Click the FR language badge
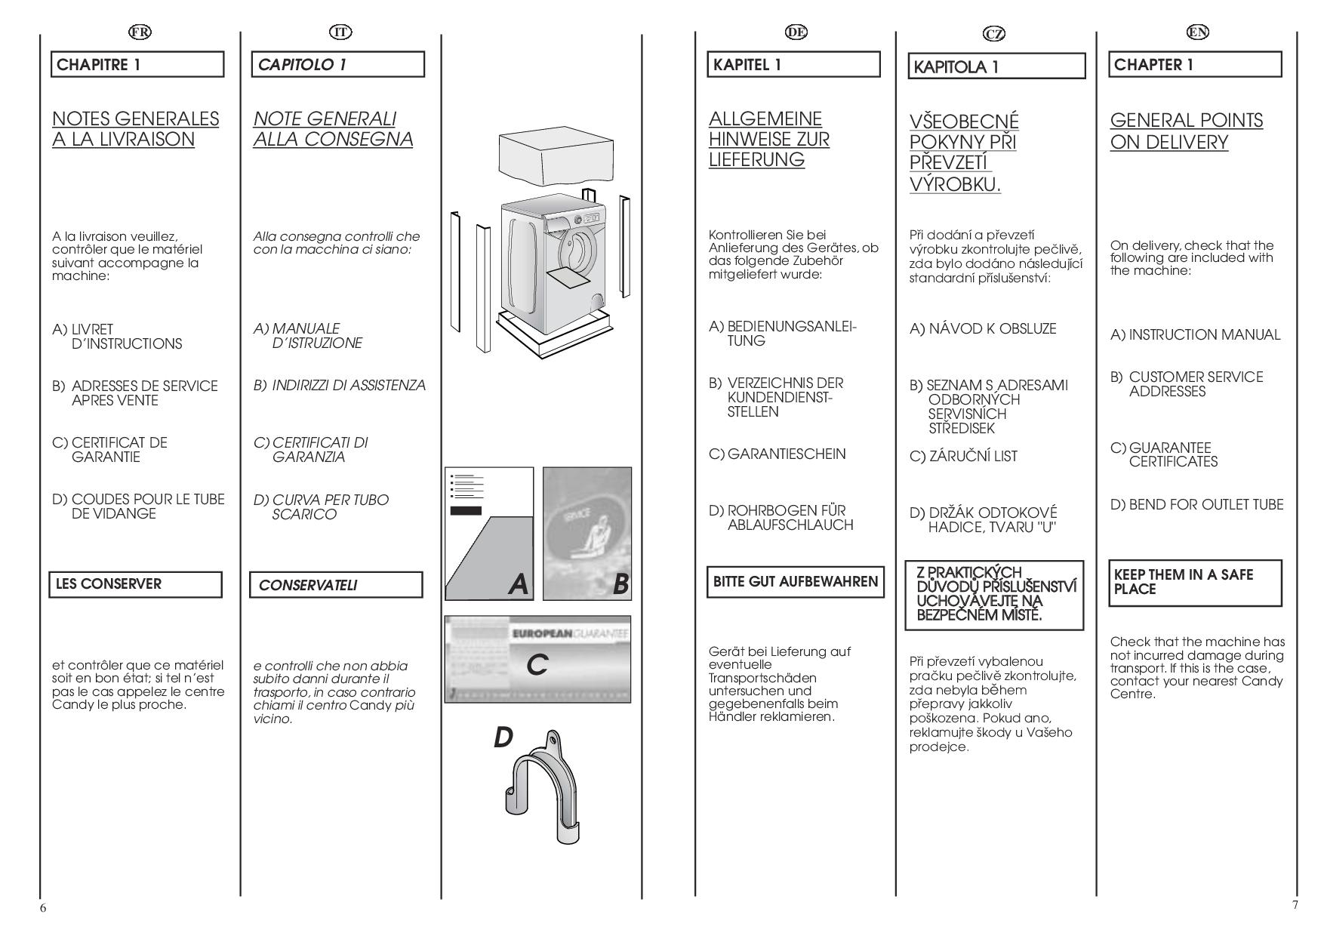pyautogui.click(x=140, y=32)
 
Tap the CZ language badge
pyautogui.click(x=995, y=33)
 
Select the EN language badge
pyautogui.click(x=1197, y=32)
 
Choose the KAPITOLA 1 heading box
pyautogui.click(x=996, y=66)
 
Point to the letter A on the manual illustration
pyautogui.click(x=518, y=583)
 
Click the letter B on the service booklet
pyautogui.click(x=620, y=583)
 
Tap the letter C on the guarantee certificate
pyautogui.click(x=537, y=665)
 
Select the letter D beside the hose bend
pyautogui.click(x=503, y=737)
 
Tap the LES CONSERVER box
pyautogui.click(x=136, y=584)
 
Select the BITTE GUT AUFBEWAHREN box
pyautogui.click(x=795, y=582)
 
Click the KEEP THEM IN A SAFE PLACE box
pyautogui.click(x=1195, y=582)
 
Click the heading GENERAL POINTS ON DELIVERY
pyautogui.click(x=1185, y=131)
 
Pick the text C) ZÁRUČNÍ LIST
pyautogui.click(x=963, y=456)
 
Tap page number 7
pyautogui.click(x=1295, y=905)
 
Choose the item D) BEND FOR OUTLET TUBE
pyautogui.click(x=1196, y=504)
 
